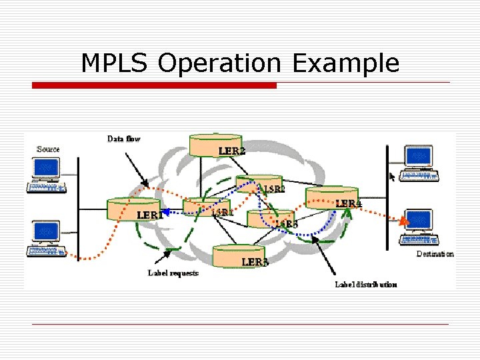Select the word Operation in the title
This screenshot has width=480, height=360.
(x=219, y=63)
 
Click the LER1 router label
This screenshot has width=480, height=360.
(x=150, y=215)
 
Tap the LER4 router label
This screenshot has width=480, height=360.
(x=348, y=203)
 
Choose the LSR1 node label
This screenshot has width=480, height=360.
(x=223, y=213)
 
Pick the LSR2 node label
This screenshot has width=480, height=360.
(x=273, y=189)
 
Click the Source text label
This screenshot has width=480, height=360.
(x=48, y=149)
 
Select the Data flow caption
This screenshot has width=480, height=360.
(x=124, y=139)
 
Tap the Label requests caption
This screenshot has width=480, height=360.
(x=173, y=273)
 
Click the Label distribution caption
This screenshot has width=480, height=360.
(x=365, y=284)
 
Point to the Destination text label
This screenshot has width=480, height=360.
(x=435, y=253)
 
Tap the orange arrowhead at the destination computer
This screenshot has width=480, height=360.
(x=403, y=221)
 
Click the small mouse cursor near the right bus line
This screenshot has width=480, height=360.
(x=392, y=177)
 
